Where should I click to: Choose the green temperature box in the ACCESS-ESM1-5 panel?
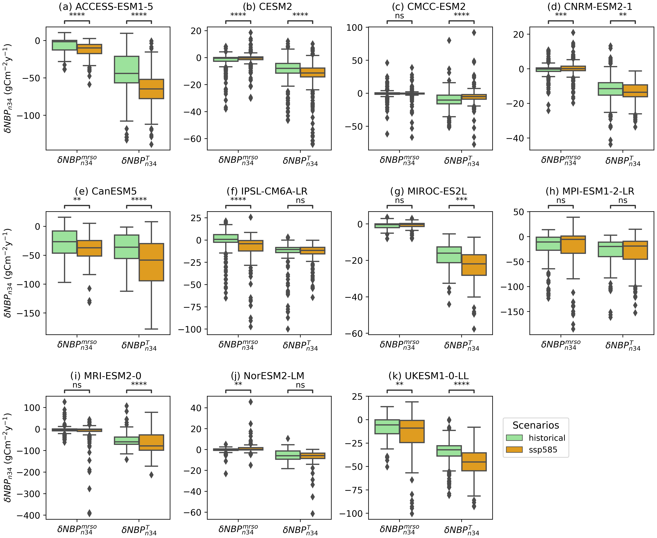click(126, 69)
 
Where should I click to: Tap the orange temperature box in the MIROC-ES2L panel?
click(474, 265)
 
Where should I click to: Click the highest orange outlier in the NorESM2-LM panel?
click(251, 402)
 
